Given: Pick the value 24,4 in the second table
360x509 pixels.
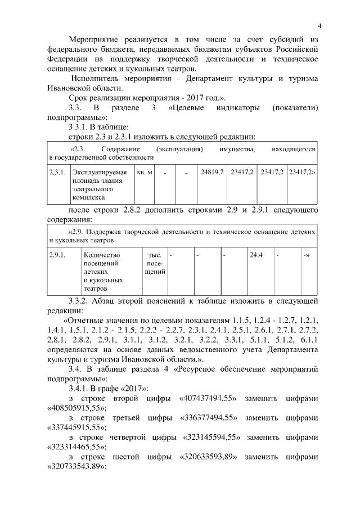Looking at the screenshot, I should click(256, 255).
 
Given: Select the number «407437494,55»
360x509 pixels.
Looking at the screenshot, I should click(208, 399).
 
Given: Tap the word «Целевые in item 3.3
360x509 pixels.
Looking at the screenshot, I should click(187, 107).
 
